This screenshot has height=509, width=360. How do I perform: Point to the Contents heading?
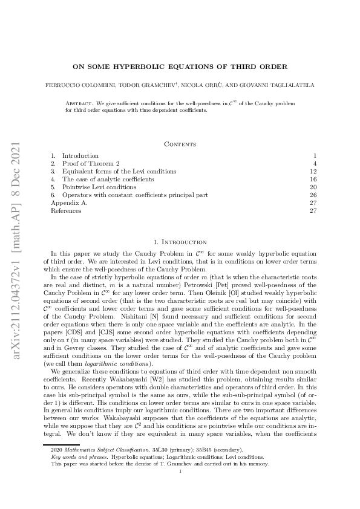[180, 144]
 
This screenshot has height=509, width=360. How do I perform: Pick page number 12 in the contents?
[313, 172]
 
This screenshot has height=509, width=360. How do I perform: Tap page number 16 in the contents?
[313, 180]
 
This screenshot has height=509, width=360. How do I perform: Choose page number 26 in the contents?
[313, 195]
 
